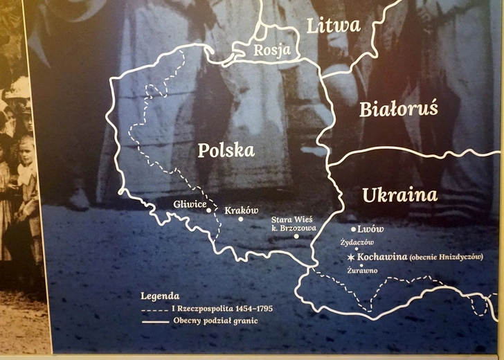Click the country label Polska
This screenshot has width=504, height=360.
click(x=226, y=151)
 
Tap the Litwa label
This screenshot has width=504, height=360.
click(x=334, y=26)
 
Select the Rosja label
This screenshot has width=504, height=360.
click(x=267, y=50)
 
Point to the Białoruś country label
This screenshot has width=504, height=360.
click(x=398, y=109)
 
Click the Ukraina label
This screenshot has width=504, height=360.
click(x=399, y=195)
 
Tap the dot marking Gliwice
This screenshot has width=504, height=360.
click(x=208, y=210)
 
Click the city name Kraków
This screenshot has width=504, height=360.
click(x=242, y=210)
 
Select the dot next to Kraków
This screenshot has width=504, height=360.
click(x=241, y=219)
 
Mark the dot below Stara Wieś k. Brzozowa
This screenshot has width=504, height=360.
click(x=296, y=236)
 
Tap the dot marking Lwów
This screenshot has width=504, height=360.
click(x=354, y=229)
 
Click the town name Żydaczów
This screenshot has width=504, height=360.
click(x=357, y=242)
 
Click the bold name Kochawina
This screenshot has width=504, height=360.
click(x=381, y=257)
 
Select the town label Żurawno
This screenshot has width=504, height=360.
click(x=362, y=270)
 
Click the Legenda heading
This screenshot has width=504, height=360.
click(x=160, y=296)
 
